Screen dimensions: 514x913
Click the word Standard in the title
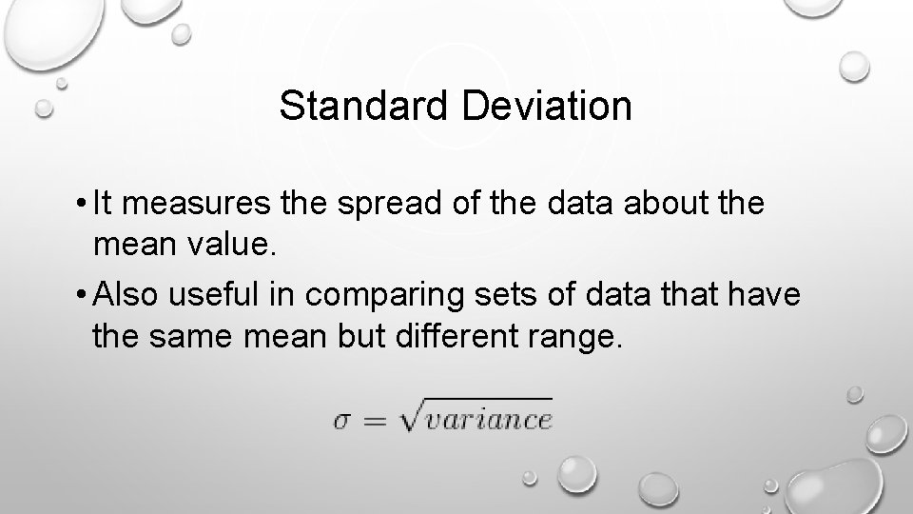(x=365, y=107)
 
